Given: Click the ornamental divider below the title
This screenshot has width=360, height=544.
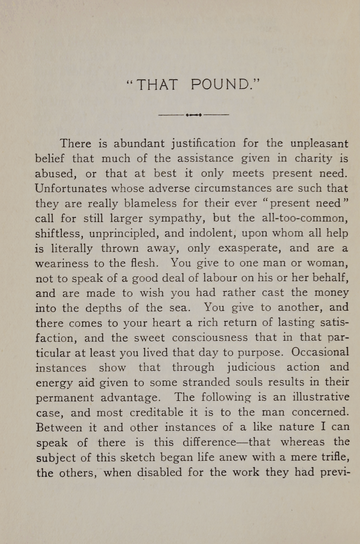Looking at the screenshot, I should [194, 115].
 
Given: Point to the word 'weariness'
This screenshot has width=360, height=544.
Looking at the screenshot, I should [62, 263].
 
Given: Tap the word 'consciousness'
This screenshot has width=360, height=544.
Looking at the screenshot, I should [210, 338].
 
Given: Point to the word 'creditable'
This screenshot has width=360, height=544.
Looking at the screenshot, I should [156, 412].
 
